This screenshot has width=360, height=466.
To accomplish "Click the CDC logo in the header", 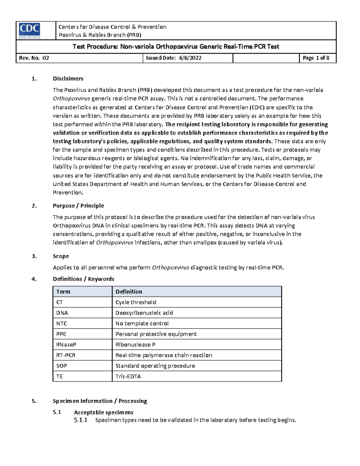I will [x=29, y=31].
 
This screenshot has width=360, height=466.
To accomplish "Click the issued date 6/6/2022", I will [x=190, y=58].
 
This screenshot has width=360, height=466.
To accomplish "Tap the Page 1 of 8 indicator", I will [x=316, y=58].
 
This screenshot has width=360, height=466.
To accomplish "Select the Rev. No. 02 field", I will [x=34, y=58].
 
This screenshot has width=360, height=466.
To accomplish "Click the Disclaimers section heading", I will [x=68, y=79].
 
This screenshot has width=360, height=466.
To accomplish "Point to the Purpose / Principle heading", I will [x=78, y=206].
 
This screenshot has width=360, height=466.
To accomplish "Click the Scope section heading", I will [x=61, y=256].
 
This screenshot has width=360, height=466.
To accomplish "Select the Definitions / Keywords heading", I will [x=83, y=279].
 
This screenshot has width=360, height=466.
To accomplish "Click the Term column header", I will [x=63, y=292].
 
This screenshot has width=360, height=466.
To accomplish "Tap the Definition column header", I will [x=129, y=292].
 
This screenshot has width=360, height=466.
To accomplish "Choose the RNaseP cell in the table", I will [x=64, y=345].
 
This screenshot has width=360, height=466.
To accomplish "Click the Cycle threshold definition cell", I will [x=136, y=302].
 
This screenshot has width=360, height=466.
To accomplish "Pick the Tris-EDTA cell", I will [x=128, y=377].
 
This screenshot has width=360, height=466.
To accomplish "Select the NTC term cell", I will [x=62, y=324].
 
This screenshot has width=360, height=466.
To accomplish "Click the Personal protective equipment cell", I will [x=156, y=334].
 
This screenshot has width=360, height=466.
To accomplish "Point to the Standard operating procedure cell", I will [x=155, y=366].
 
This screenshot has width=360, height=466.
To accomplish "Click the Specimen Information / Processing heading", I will [x=100, y=401].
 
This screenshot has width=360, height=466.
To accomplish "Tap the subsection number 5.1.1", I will [x=81, y=420].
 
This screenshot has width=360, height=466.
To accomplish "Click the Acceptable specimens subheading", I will [x=103, y=413].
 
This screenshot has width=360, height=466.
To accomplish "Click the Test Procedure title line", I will [x=176, y=47].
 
